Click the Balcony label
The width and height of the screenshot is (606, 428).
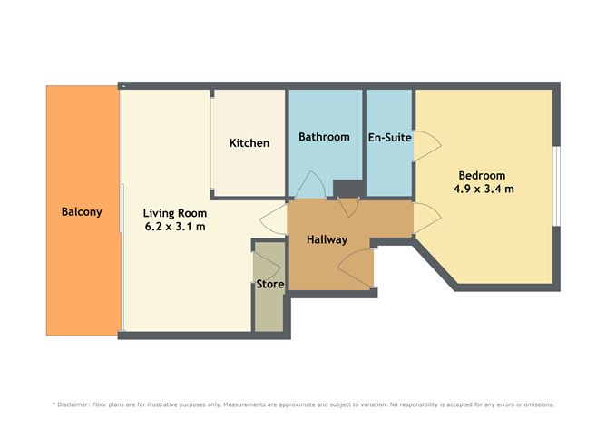tap(82, 212)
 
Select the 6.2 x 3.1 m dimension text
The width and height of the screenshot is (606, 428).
tap(173, 227)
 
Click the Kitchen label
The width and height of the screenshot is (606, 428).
tap(249, 143)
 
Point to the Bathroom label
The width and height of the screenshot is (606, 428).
tap(324, 137)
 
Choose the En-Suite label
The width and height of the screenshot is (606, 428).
tap(390, 138)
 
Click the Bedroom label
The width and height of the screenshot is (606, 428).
tap(482, 175)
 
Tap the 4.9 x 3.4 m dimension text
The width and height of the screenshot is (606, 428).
tap(484, 190)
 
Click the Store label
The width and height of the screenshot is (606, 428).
tap(269, 284)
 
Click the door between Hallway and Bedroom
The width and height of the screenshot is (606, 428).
tap(426, 216)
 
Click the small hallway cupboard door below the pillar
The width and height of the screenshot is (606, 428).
tap(348, 206)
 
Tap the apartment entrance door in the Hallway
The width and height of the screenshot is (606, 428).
tap(356, 268)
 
